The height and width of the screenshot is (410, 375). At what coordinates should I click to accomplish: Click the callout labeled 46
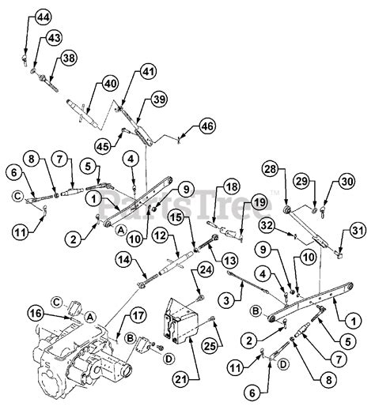(207, 126)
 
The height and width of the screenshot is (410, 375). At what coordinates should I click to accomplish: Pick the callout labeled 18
(230, 186)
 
